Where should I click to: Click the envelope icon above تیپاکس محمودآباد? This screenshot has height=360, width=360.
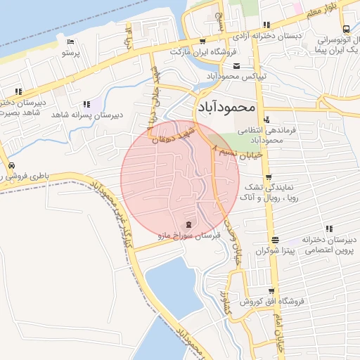pos(236,66)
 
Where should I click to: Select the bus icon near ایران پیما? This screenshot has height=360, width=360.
pos(346,30)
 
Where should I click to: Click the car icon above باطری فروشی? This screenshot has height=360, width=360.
pos(11,166)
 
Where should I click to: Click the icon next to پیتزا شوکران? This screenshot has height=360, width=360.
pos(275,240)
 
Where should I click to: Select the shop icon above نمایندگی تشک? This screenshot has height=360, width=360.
pos(269,177)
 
